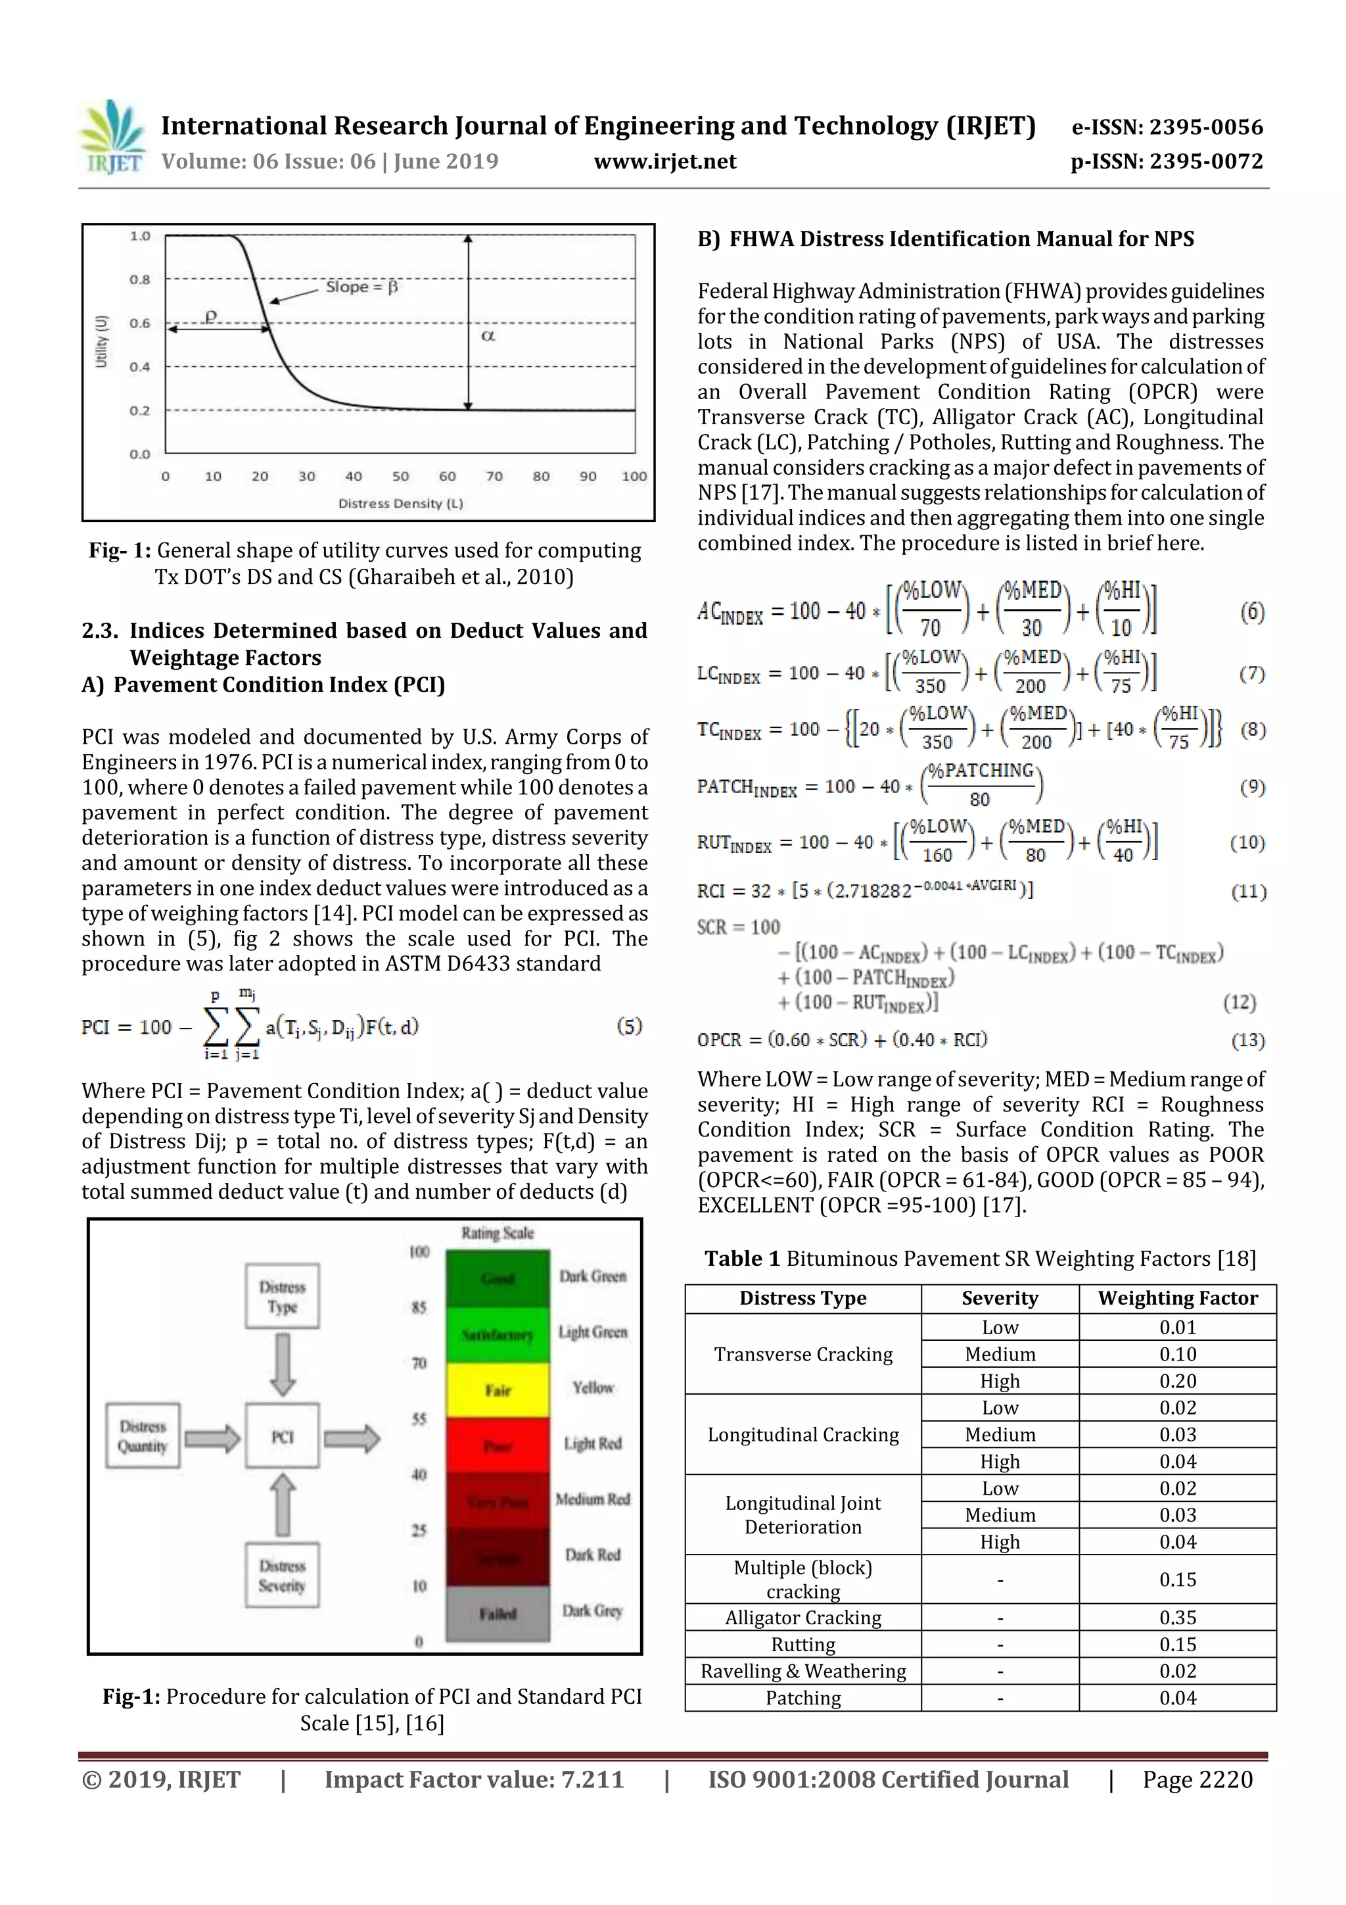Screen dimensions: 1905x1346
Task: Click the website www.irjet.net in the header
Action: (664, 161)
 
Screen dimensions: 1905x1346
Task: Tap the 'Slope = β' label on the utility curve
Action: (361, 287)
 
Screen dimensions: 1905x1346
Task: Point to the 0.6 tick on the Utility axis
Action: (139, 324)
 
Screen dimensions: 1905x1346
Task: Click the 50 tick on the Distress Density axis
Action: (400, 476)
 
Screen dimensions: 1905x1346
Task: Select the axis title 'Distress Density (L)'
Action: (400, 504)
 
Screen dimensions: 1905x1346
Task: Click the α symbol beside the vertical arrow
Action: (488, 336)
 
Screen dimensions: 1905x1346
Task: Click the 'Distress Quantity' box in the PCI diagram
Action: (143, 1436)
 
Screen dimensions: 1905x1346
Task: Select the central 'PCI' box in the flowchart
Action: (282, 1436)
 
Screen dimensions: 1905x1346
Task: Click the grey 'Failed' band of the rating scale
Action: (498, 1614)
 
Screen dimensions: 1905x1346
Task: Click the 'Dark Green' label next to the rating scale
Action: (592, 1276)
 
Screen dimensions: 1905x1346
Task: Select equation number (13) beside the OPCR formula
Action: (1247, 1040)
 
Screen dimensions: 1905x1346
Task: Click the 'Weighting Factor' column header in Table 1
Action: (1177, 1299)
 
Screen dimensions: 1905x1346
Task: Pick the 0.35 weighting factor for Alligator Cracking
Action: (1177, 1618)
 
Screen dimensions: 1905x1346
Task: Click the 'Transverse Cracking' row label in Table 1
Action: (802, 1354)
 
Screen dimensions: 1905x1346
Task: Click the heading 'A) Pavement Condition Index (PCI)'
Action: (264, 685)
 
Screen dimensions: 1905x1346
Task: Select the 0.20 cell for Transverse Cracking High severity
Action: (1177, 1382)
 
